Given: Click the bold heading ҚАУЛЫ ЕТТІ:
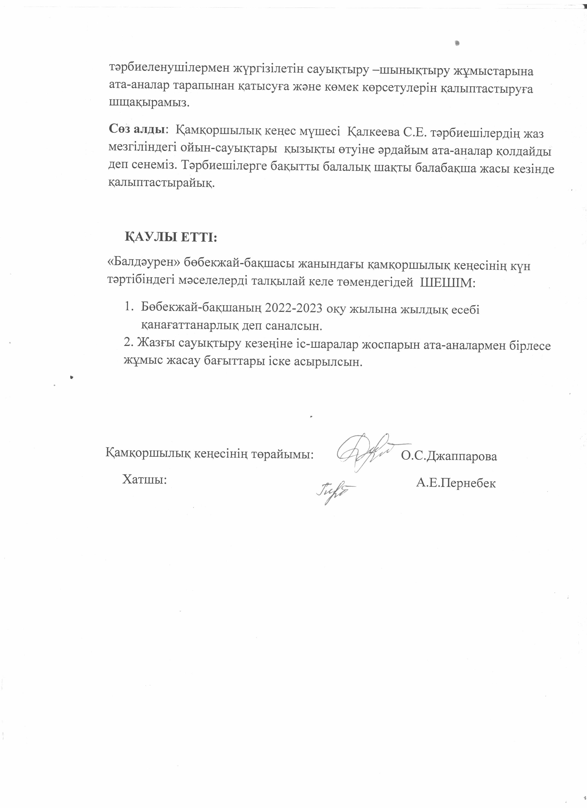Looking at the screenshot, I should [171, 237].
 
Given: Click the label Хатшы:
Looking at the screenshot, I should [145, 480].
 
